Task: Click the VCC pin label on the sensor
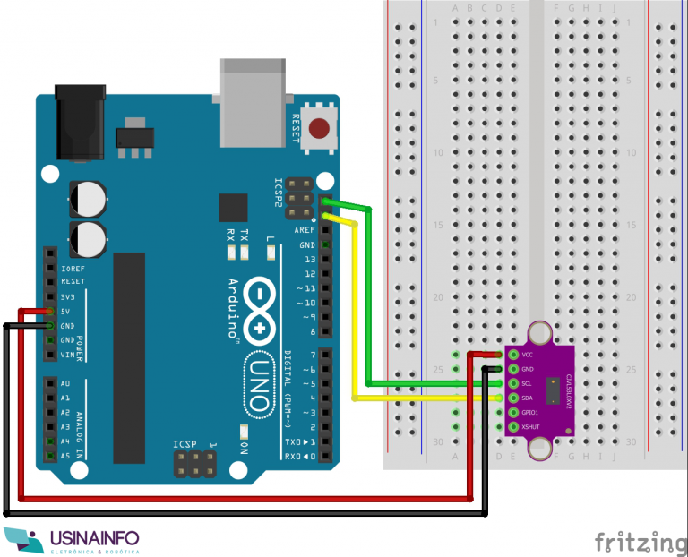[x=528, y=355]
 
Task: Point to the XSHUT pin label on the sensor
[x=530, y=426]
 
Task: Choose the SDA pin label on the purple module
[x=528, y=398]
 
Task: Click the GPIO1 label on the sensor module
[x=530, y=412]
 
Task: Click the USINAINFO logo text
[x=95, y=538]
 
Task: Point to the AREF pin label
[x=305, y=230]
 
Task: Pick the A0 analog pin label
[x=65, y=383]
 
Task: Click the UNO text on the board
[x=258, y=381]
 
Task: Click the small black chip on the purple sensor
[x=557, y=390]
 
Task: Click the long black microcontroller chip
[x=128, y=358]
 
